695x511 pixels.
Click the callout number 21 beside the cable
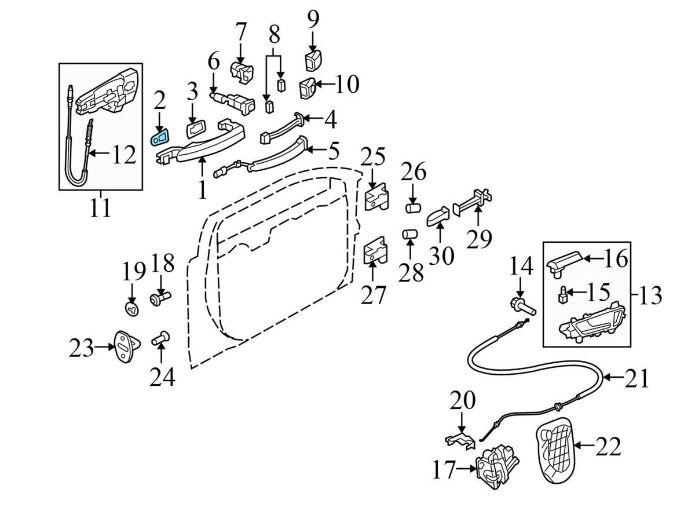(x=637, y=379)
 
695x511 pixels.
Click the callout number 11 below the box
(x=100, y=207)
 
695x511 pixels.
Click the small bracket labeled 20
(x=461, y=440)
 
